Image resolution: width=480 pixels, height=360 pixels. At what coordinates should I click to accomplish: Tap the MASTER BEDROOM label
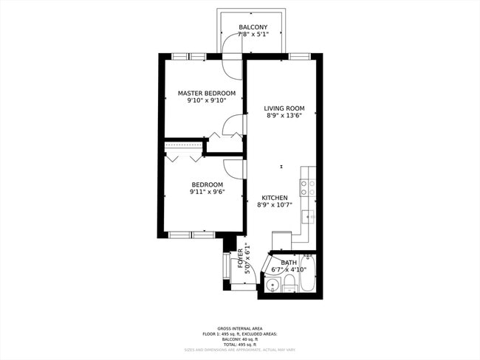click(x=207, y=93)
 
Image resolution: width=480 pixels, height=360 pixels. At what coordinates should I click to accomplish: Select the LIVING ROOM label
click(x=284, y=108)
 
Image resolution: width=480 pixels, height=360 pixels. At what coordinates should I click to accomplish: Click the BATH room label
click(x=289, y=263)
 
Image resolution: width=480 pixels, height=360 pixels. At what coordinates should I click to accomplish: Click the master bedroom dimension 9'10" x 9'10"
click(x=207, y=100)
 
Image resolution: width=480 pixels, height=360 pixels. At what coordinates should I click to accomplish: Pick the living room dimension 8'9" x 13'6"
click(x=284, y=115)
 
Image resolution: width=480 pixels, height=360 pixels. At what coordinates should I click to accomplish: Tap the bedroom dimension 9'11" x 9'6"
click(x=207, y=192)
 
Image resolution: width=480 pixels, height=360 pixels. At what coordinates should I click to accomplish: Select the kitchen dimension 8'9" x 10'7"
click(x=275, y=205)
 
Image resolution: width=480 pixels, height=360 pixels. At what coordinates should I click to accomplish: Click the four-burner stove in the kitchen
click(x=308, y=188)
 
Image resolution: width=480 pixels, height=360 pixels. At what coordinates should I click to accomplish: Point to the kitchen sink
click(x=308, y=216)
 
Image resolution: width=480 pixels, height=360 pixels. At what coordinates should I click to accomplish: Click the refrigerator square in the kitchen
click(x=282, y=241)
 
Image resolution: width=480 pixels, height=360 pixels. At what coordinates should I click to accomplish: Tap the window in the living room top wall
click(x=299, y=56)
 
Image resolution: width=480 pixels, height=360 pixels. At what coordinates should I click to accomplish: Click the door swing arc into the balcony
click(x=233, y=66)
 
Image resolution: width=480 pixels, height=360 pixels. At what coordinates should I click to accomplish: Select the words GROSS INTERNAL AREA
click(x=239, y=328)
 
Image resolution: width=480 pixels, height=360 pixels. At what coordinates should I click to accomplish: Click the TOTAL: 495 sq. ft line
click(x=239, y=345)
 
